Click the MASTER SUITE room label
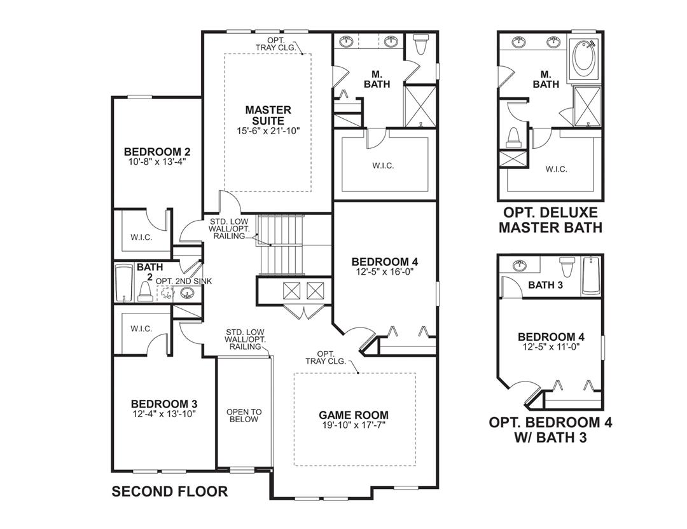268,115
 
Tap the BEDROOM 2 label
157,152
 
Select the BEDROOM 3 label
163,404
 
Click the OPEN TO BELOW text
244,416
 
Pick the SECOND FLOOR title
170,491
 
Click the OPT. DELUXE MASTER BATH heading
550,219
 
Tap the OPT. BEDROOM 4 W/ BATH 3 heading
550,430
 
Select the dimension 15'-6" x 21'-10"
268,131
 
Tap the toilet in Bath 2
145,291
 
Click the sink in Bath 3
520,265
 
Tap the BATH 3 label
545,285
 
